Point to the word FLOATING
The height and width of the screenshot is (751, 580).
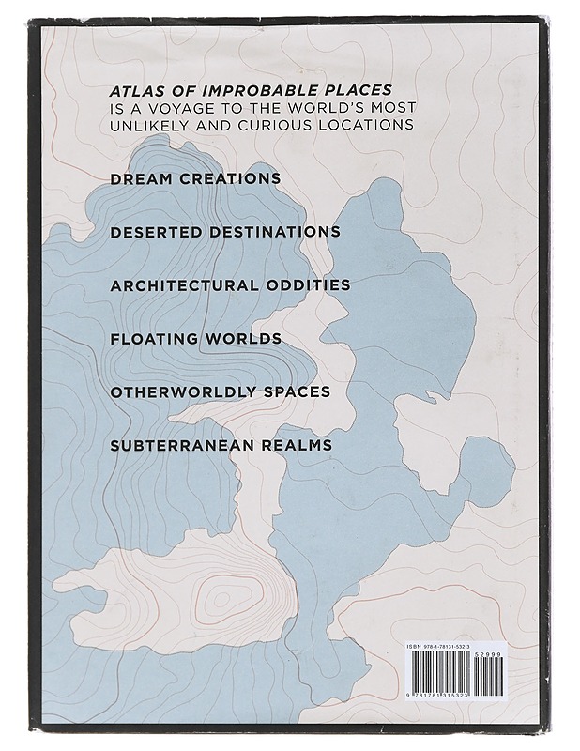[x=152, y=338]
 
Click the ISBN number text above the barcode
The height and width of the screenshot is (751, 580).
[x=441, y=648]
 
